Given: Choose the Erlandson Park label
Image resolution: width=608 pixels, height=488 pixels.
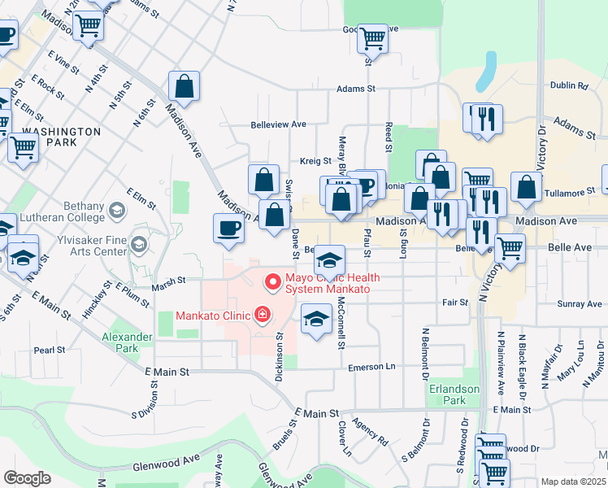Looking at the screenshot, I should click(x=454, y=394).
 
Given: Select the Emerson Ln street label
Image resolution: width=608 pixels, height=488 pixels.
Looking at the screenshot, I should click(x=371, y=367).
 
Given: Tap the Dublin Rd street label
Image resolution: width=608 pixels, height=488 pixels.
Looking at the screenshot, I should click(x=570, y=85).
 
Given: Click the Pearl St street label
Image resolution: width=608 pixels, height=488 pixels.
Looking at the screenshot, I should click(x=50, y=350).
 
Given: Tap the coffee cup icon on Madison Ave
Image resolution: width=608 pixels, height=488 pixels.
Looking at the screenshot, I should click(x=228, y=228).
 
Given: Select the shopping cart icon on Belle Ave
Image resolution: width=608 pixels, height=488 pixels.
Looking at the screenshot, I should click(x=510, y=249).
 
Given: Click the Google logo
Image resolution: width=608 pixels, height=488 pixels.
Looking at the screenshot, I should click(x=27, y=478).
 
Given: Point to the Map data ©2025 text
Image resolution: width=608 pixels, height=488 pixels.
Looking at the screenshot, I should click(x=573, y=481).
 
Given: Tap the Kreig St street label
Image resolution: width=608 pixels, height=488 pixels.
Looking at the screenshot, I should click(x=315, y=161).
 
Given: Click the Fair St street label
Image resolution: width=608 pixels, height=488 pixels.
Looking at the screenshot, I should click(x=454, y=303).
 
